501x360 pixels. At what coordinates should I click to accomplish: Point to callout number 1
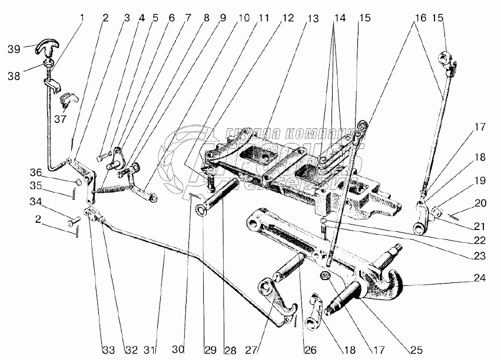click(x=81, y=18)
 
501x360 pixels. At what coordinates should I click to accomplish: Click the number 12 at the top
click(x=287, y=18)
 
